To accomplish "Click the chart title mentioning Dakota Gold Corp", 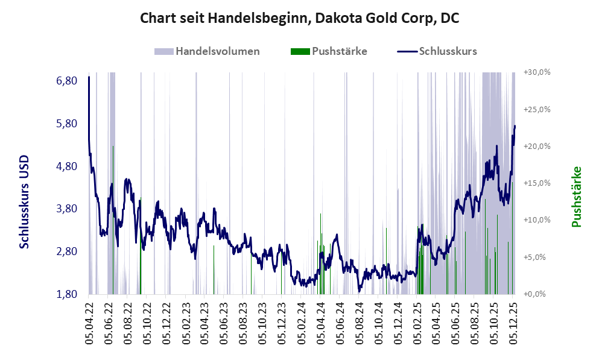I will click(x=299, y=18).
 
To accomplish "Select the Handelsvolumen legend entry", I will click(x=218, y=51).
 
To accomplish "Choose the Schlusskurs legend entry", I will click(x=448, y=51).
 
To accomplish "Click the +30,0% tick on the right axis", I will click(x=537, y=72).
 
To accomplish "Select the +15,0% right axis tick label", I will click(x=537, y=183).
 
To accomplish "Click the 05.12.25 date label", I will click(x=514, y=324).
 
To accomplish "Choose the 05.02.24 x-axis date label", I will click(x=302, y=324).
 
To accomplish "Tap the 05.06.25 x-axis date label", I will click(x=456, y=324).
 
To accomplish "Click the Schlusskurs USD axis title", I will click(x=25, y=201).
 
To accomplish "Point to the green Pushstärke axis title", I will click(x=577, y=197).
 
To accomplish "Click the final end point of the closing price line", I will click(x=515, y=126).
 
